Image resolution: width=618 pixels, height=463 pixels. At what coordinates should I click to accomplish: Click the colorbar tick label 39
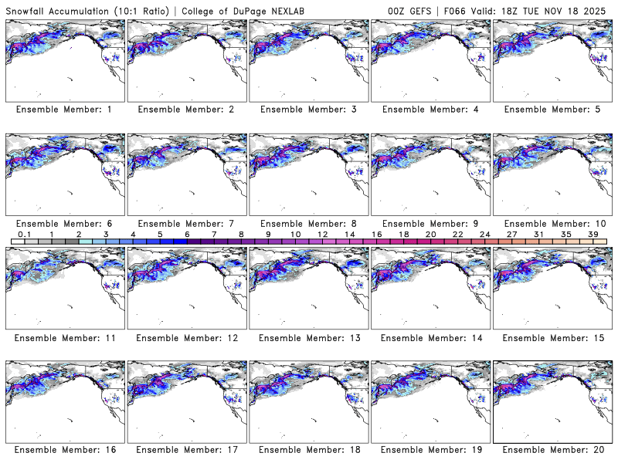(593, 233)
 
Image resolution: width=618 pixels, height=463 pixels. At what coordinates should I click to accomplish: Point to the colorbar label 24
(485, 233)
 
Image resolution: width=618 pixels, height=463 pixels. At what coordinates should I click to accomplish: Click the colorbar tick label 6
(186, 233)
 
